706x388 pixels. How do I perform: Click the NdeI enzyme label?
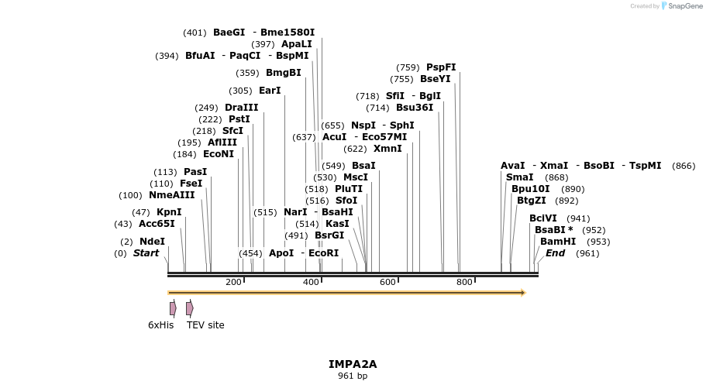pos(152,242)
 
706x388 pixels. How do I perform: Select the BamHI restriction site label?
pos(558,242)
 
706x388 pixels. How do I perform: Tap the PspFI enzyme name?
pos(441,67)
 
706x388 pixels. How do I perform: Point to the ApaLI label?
pos(297,44)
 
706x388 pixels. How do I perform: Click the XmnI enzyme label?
pos(387,149)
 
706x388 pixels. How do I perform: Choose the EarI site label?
pos(270,91)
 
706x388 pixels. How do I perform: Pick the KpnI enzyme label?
pos(169,212)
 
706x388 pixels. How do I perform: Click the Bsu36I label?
pos(415,108)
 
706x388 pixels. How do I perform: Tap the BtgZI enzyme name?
pos(532,201)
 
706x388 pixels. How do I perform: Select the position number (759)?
pos(408,67)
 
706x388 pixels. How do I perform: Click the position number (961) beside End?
pos(587,253)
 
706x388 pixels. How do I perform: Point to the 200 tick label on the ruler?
pos(233,283)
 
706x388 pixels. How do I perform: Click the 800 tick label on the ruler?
pos(464,283)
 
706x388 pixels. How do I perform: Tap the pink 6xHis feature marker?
pos(173,308)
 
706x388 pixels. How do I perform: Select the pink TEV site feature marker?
pos(189,308)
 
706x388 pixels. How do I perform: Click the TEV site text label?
pos(205,325)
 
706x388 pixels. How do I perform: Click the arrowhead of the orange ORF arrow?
pos(523,293)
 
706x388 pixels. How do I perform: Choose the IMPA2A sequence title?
pos(353,363)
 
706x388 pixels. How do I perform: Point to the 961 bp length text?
pos(353,376)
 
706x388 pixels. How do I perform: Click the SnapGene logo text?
pos(681,5)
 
